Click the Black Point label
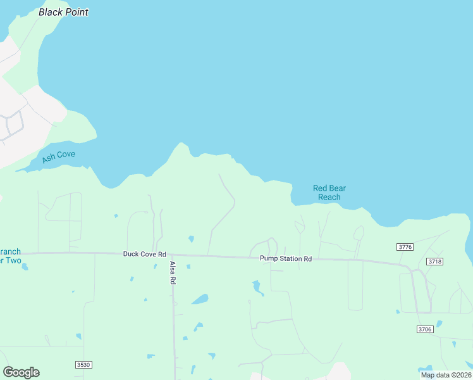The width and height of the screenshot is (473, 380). click(x=63, y=12)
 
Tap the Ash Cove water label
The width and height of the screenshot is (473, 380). click(x=58, y=156)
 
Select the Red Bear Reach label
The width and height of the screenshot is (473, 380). click(x=329, y=193)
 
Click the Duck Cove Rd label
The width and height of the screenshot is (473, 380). click(x=144, y=254)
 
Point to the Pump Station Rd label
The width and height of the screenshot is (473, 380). click(x=286, y=258)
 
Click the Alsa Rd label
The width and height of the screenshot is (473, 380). click(x=172, y=273)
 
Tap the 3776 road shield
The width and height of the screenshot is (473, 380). click(x=405, y=246)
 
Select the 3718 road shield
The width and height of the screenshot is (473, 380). click(x=434, y=261)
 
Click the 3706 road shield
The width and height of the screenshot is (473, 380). click(x=425, y=329)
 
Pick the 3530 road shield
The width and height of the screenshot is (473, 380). click(x=83, y=364)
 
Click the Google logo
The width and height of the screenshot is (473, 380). click(x=21, y=372)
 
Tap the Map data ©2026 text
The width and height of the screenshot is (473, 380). click(x=446, y=375)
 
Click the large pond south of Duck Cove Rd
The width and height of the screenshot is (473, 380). click(x=200, y=299)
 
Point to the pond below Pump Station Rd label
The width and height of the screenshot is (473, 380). click(x=257, y=288)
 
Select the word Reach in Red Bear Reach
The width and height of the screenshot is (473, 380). click(x=329, y=197)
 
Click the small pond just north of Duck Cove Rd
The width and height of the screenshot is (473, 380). click(x=191, y=239)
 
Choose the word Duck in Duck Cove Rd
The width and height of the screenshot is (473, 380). click(x=132, y=254)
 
